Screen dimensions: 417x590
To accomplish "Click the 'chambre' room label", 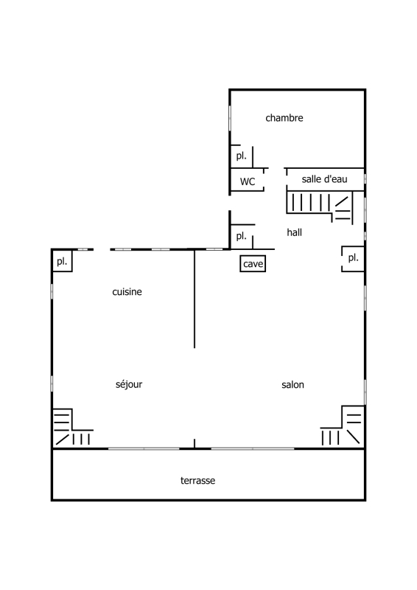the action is pos(284,118).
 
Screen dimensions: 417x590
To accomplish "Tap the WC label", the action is pos(248,181).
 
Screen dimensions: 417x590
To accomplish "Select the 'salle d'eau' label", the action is pos(324,179).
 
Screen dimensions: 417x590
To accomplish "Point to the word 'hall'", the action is pos(295,232).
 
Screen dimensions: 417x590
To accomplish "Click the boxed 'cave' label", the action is pos(253,264).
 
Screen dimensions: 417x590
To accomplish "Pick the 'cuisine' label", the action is pos(127,291).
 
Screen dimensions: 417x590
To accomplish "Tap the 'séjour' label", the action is pos(129,384).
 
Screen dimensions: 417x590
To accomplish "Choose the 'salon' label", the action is pos(293,384).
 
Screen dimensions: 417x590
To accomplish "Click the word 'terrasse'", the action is pos(197,481).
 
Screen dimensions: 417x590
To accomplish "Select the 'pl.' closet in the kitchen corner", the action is pos(62,261).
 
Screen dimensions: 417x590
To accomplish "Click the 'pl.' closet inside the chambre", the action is pos(242,156).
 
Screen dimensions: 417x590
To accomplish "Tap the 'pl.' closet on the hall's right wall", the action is pos(353,258).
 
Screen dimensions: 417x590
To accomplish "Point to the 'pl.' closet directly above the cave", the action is pos(242,236).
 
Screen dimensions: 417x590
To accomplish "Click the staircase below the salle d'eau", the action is pos(320,207).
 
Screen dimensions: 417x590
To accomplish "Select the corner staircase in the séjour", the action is pos(73,428).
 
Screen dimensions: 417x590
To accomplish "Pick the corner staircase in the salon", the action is pos(342,426).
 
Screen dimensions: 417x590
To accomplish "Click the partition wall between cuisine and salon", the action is pos(195,299).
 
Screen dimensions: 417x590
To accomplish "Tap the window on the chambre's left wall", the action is pos(230,118).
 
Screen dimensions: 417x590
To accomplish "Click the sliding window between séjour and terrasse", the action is pos(144,448).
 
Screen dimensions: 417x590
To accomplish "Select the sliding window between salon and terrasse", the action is pos(253,448).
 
